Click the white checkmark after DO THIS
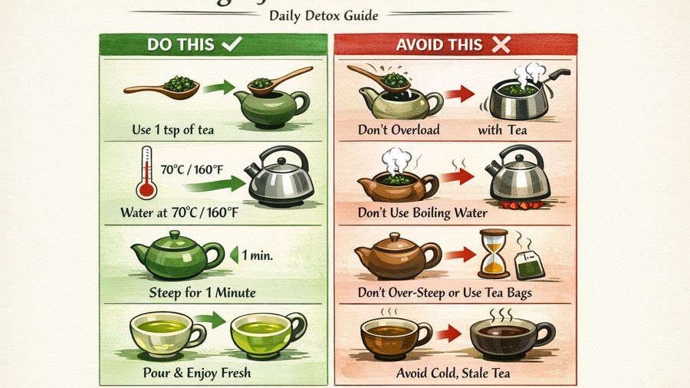230,45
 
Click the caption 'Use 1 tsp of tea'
172,130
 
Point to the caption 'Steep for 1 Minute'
202,292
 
